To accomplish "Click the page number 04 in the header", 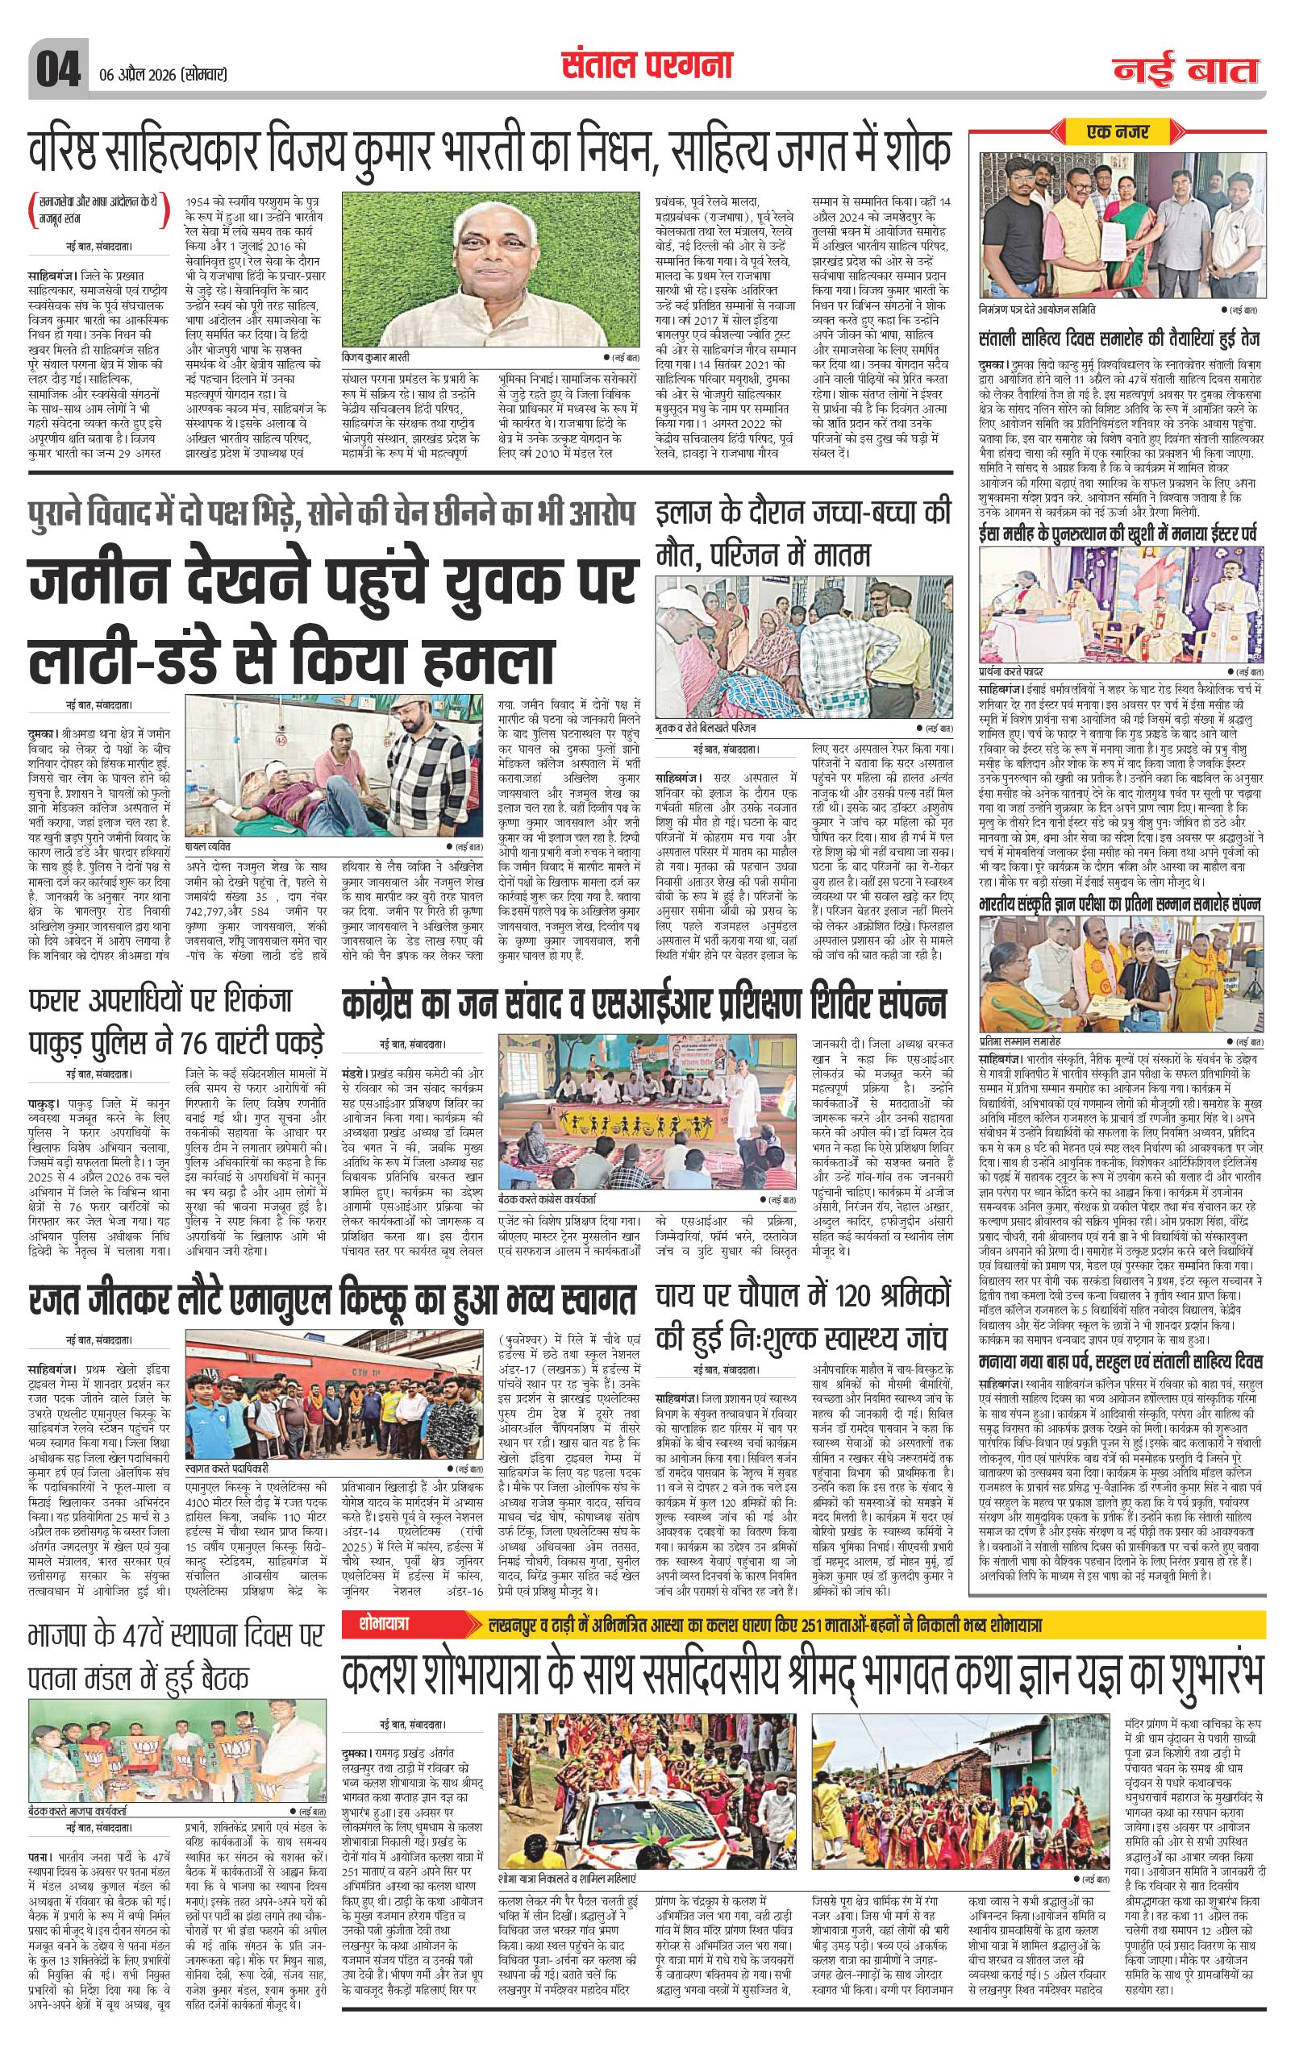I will click(x=56, y=68).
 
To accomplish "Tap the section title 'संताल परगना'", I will click(x=647, y=63).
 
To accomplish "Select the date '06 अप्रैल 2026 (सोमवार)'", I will click(x=160, y=74).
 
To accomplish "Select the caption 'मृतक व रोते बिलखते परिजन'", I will click(x=707, y=729).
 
